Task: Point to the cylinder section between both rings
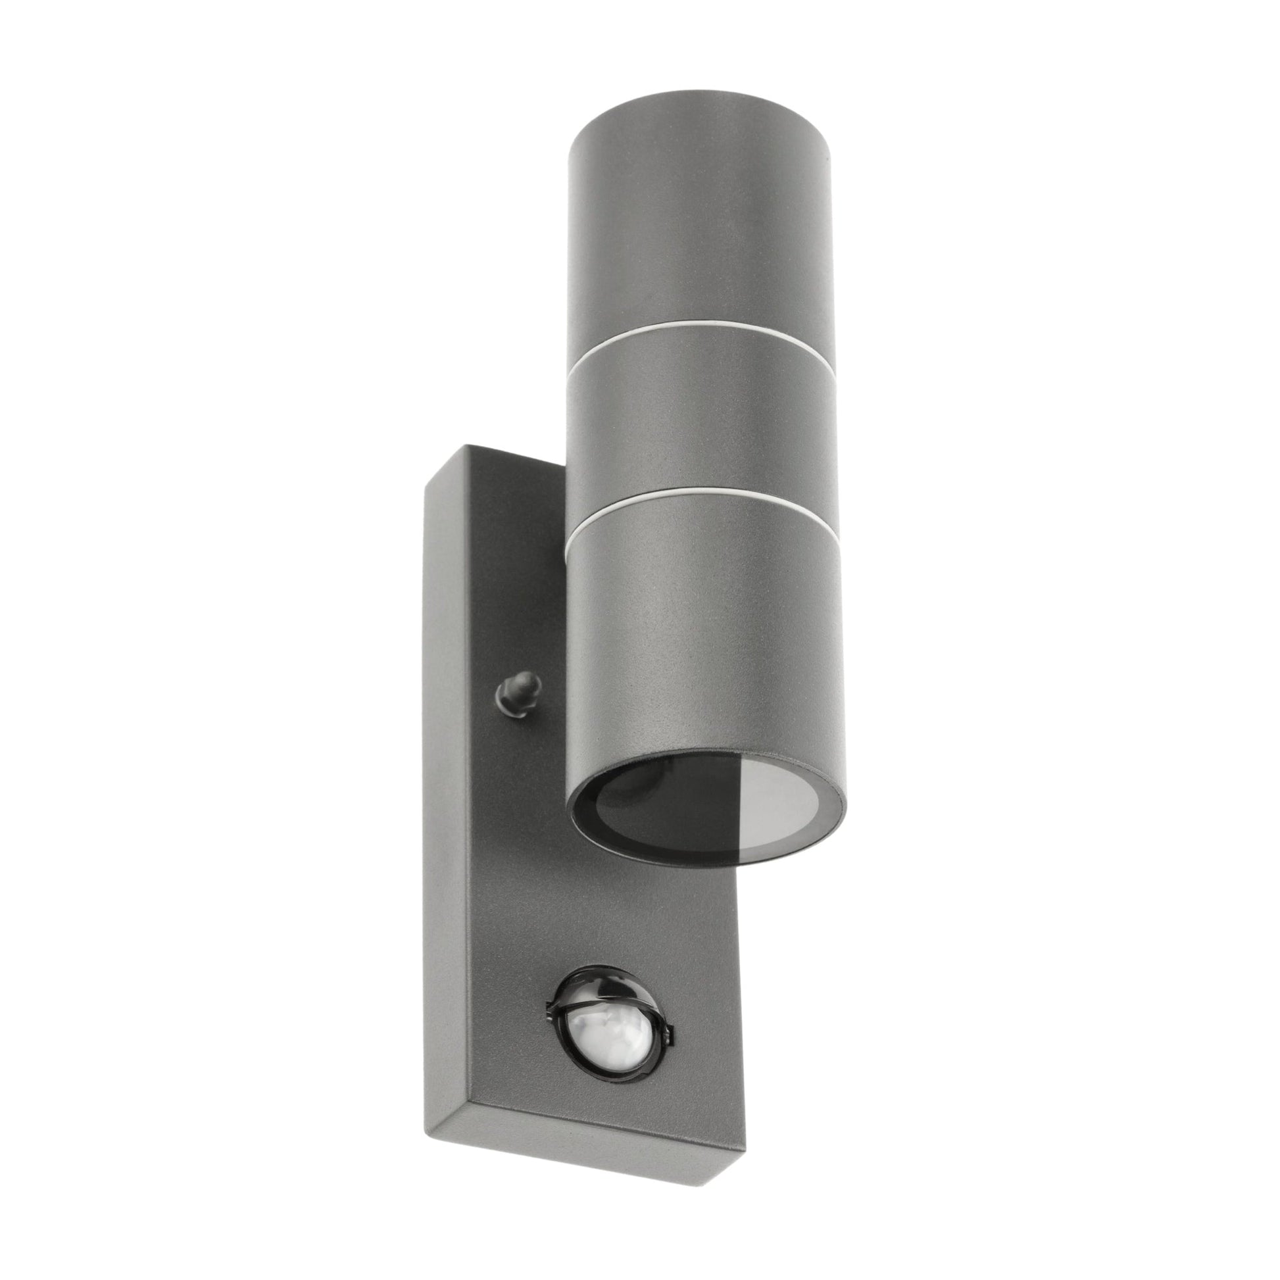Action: point(696,424)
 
